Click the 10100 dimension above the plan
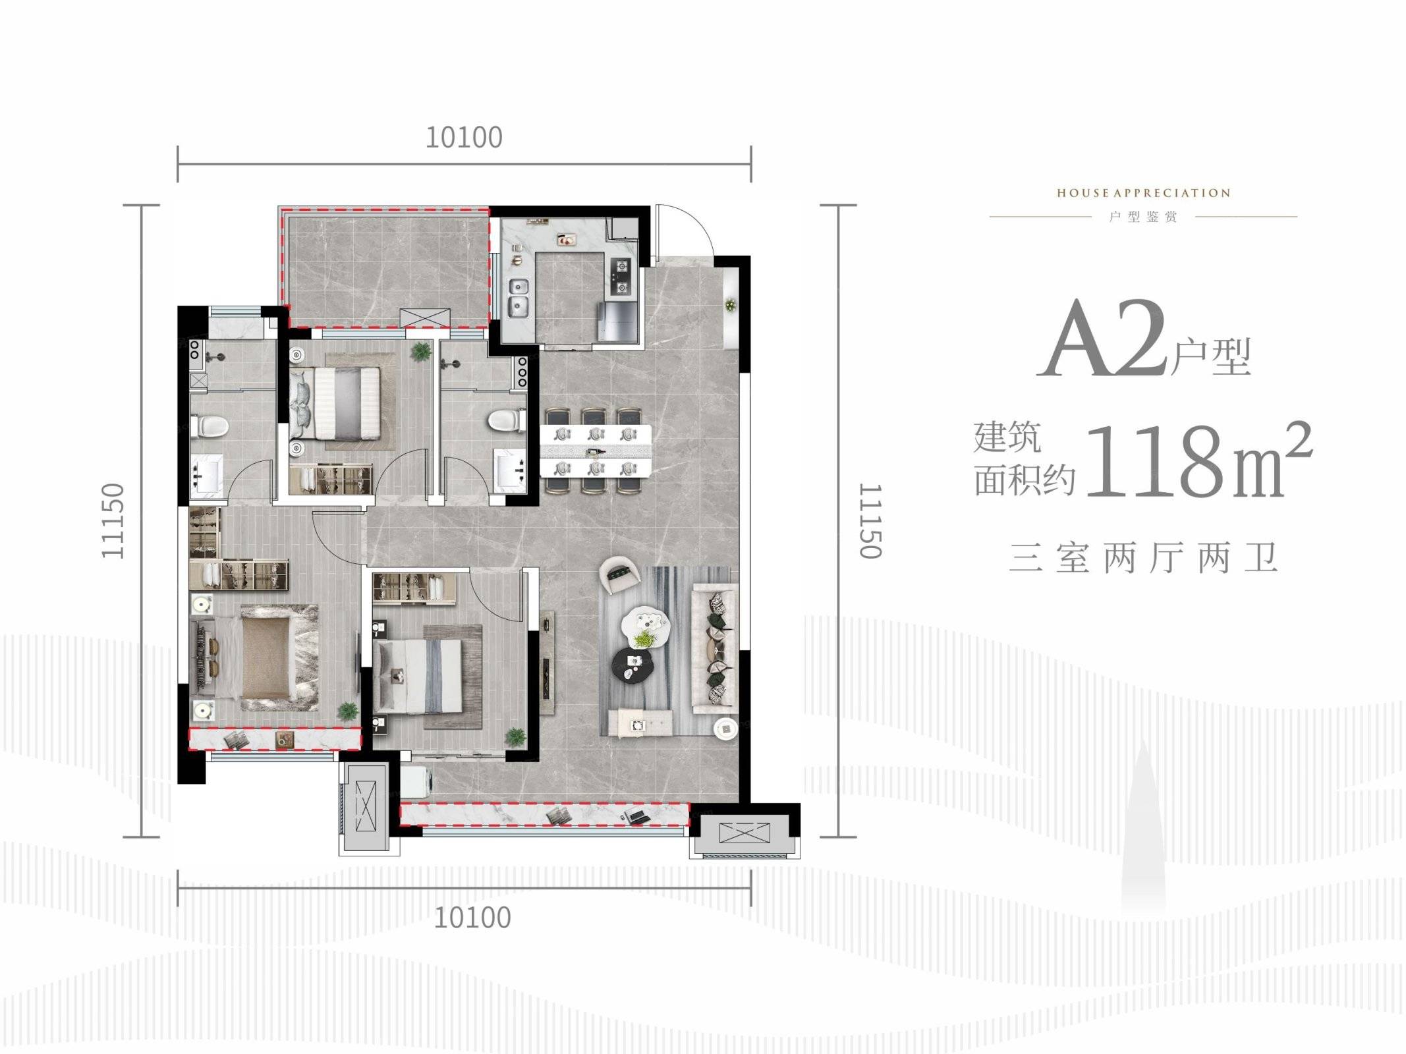click(x=464, y=138)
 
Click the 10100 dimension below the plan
click(x=472, y=918)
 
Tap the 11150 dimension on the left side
click(x=113, y=521)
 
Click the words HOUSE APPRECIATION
click(x=1143, y=193)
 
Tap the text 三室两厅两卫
click(x=1143, y=557)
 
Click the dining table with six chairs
click(x=596, y=451)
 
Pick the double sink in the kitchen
click(x=520, y=296)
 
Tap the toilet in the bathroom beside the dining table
click(x=508, y=419)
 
